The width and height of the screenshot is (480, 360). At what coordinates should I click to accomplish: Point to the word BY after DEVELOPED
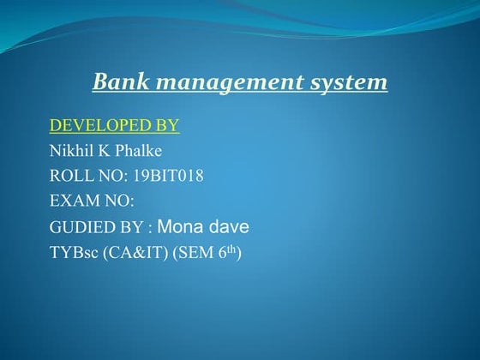click(167, 127)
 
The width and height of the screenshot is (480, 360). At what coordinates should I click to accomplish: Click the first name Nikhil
click(70, 153)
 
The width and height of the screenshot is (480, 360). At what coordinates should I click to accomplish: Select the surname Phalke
click(138, 153)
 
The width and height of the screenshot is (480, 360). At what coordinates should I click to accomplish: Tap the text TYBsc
click(71, 253)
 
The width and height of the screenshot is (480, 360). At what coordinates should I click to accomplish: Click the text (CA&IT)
click(129, 253)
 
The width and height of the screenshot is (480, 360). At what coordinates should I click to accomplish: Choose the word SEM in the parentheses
click(189, 253)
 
